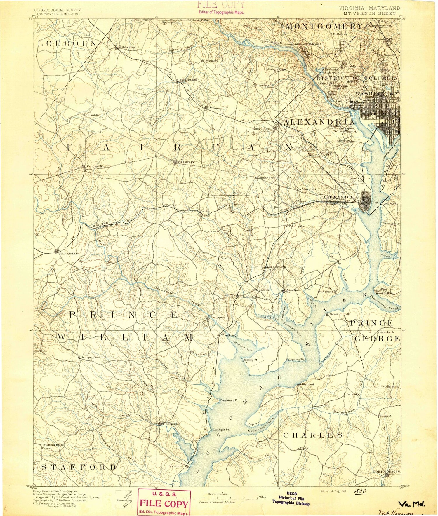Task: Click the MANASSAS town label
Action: pos(68,253)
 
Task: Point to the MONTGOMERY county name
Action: pos(324,27)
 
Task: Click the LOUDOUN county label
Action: pos(67,44)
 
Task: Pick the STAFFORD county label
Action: pos(79,467)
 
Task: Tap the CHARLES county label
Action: pos(313,435)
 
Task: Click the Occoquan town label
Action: pos(218,317)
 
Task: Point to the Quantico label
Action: pos(176,466)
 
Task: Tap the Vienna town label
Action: pos(215,108)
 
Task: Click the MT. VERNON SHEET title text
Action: pos(369,13)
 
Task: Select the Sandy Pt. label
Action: pos(251,360)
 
